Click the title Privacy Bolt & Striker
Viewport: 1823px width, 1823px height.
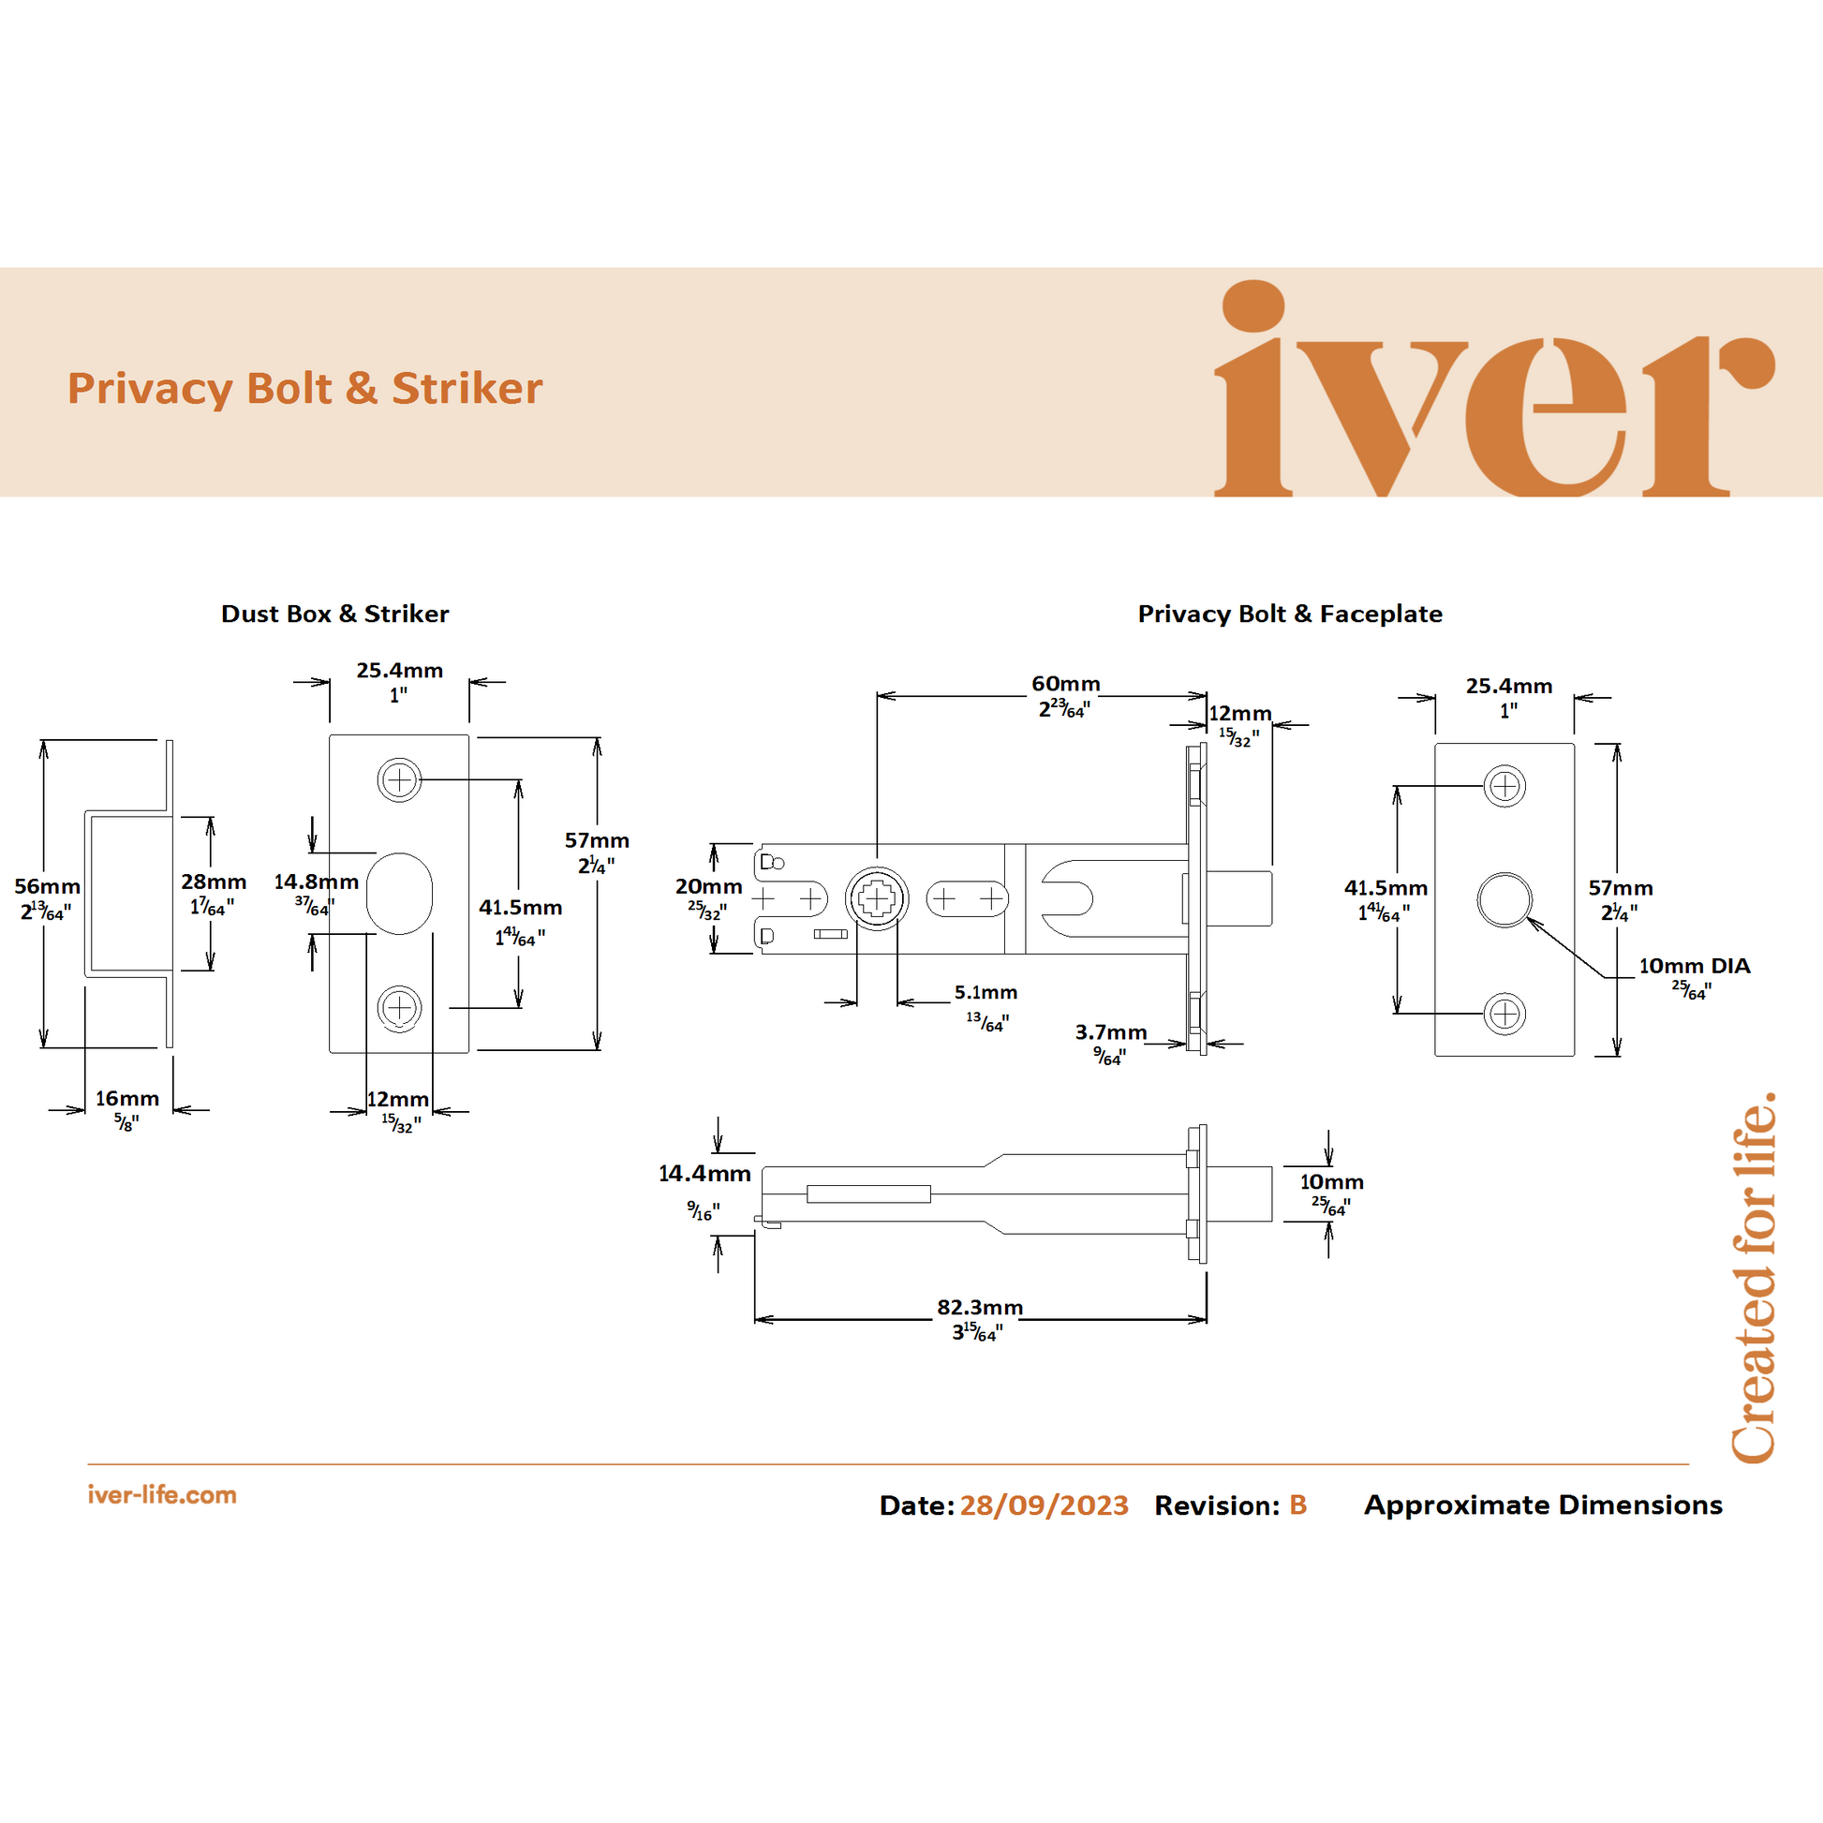pyautogui.click(x=304, y=389)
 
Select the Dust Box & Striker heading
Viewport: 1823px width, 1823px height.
pyautogui.click(x=335, y=614)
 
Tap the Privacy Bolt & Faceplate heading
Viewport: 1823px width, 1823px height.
pyautogui.click(x=1289, y=614)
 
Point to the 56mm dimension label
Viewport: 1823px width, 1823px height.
pyautogui.click(x=46, y=887)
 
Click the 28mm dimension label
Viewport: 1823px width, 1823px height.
pyautogui.click(x=214, y=882)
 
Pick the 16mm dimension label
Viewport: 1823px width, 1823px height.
pyautogui.click(x=126, y=1098)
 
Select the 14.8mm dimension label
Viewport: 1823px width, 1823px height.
pyautogui.click(x=316, y=882)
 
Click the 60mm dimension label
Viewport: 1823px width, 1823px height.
pyautogui.click(x=1065, y=684)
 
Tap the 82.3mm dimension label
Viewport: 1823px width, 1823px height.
pyautogui.click(x=980, y=1308)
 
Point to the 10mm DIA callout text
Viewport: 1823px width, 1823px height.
pyautogui.click(x=1694, y=966)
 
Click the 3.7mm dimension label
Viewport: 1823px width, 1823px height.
pyautogui.click(x=1111, y=1032)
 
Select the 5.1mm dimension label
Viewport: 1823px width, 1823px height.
pyautogui.click(x=986, y=993)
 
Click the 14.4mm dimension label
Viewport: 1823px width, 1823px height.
pyautogui.click(x=704, y=1174)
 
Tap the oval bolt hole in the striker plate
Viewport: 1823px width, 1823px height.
pyautogui.click(x=399, y=894)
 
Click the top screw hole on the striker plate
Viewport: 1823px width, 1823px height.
pyautogui.click(x=399, y=780)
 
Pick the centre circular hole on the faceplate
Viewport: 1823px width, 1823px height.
pyautogui.click(x=1504, y=899)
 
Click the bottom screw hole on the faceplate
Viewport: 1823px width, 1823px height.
pyautogui.click(x=1504, y=1015)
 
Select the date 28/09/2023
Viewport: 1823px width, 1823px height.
pyautogui.click(x=1044, y=1505)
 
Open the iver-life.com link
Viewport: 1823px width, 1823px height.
pyautogui.click(x=161, y=1494)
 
